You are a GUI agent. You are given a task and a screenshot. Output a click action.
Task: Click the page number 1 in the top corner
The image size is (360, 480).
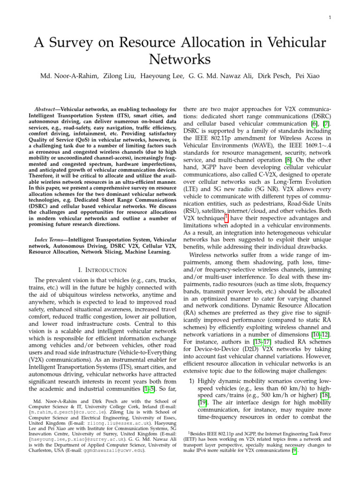[330, 18]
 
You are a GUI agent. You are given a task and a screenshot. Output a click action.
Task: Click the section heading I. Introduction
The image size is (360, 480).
[100, 270]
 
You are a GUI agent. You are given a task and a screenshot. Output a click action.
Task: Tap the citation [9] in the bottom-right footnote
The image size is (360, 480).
[294, 450]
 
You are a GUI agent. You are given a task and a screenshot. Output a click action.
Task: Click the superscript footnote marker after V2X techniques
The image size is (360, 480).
[226, 216]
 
